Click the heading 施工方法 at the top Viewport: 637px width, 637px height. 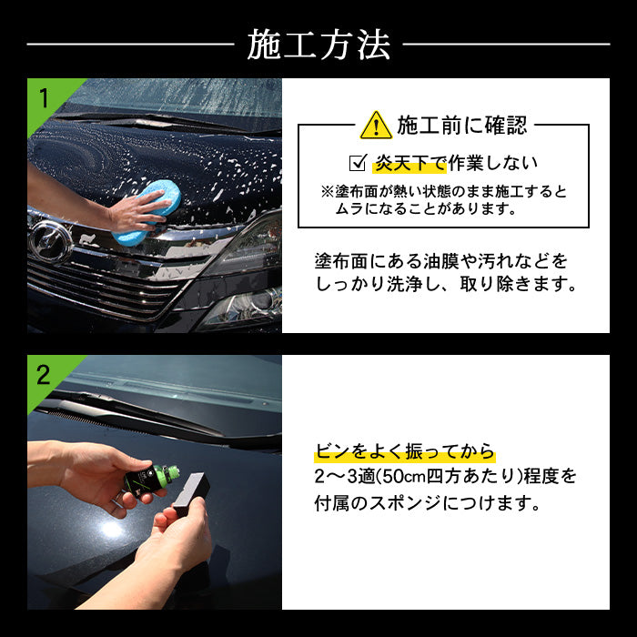pos(318,45)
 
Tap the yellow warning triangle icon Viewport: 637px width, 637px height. pos(376,126)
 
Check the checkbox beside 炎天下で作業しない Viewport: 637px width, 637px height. pos(358,163)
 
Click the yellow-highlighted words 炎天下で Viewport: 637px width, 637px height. pos(409,163)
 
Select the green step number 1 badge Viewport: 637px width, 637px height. pos(44,98)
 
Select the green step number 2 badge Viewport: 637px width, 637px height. pos(44,375)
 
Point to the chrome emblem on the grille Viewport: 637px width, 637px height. pos(50,243)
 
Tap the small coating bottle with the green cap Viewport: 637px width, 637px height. pos(151,480)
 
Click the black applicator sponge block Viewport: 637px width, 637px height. pos(191,494)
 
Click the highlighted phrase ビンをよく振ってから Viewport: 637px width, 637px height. pos(405,451)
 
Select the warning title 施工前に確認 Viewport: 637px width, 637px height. pos(462,126)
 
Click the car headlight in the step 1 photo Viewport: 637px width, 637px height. pos(244,308)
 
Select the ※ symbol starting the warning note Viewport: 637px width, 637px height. pos(327,192)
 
